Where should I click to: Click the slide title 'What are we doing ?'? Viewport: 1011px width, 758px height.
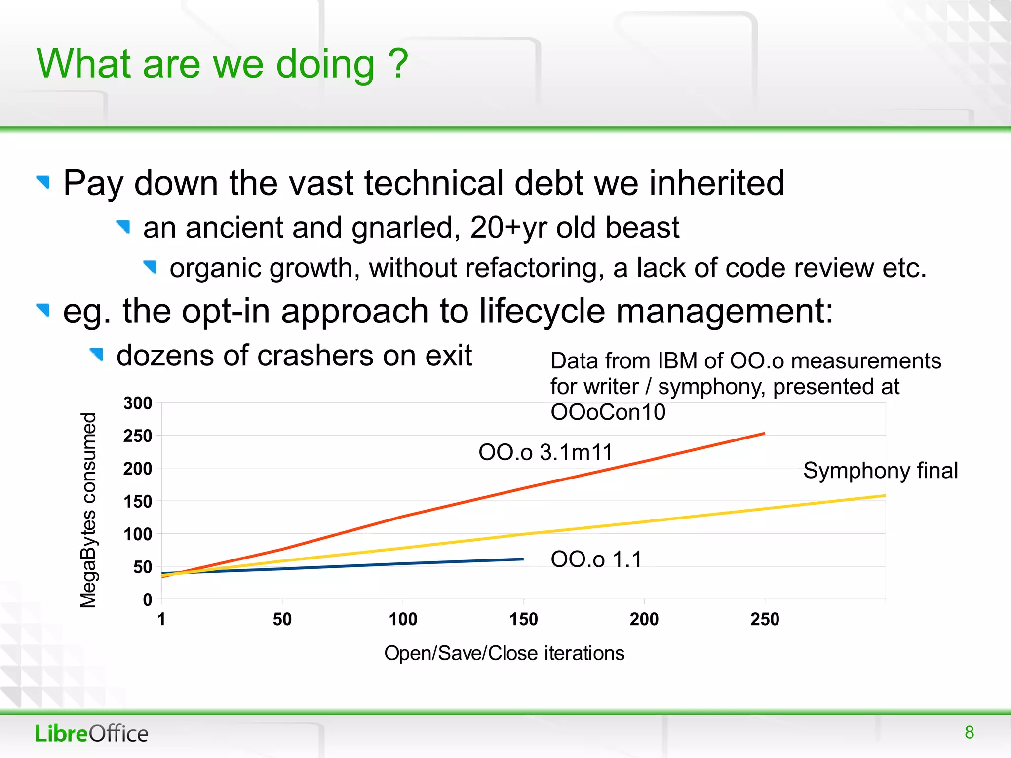[x=222, y=64]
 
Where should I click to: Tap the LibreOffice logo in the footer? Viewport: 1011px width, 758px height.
[x=91, y=734]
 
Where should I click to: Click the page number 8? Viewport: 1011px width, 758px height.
[x=969, y=732]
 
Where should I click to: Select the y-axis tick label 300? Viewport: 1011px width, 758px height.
[x=138, y=403]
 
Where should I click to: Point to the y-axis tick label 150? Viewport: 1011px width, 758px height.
[x=138, y=502]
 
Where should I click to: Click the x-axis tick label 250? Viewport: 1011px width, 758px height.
[x=765, y=619]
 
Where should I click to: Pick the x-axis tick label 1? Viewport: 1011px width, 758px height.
[x=161, y=619]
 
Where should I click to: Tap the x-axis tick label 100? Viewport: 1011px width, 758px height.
[x=403, y=619]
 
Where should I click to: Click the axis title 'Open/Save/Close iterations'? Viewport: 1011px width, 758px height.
[x=504, y=653]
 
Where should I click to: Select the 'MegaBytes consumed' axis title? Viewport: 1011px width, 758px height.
[x=88, y=510]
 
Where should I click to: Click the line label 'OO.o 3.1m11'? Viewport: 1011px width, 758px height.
[x=545, y=452]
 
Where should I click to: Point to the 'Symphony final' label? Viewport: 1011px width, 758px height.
[x=880, y=470]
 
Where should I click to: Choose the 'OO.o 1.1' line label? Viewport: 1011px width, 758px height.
[x=596, y=559]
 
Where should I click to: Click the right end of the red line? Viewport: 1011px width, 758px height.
[x=764, y=434]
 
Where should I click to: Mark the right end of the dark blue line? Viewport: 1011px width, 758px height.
[x=522, y=559]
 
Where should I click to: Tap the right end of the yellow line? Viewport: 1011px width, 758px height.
[x=884, y=496]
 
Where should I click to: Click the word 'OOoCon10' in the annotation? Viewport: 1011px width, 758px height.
[x=608, y=412]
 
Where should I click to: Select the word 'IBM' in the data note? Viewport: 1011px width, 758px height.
[x=678, y=361]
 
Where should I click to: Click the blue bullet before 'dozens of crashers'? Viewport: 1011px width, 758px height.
[x=97, y=354]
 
